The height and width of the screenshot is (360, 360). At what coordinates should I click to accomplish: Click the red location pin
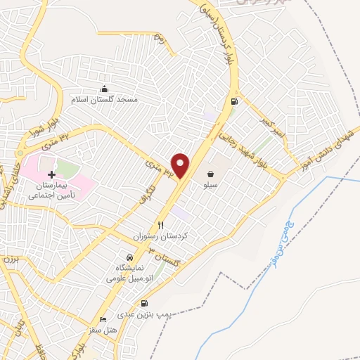coord(181,165)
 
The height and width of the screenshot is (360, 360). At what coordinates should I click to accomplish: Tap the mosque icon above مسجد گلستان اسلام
coord(105,89)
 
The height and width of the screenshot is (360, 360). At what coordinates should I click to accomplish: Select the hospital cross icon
coord(51,174)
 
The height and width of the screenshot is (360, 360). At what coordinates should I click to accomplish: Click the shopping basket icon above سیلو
coord(210,173)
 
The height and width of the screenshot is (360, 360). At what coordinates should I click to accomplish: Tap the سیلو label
coord(209,186)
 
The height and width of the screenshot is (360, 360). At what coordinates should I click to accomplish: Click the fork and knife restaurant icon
coord(160,226)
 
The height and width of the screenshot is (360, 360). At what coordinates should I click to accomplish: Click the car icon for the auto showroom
coord(129,257)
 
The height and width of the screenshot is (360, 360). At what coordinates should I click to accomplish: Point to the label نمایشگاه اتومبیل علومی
coord(129,274)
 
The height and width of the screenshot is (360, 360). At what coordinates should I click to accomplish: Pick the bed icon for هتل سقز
coord(103,319)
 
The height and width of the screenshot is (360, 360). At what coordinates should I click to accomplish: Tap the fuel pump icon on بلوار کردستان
coord(235,101)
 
